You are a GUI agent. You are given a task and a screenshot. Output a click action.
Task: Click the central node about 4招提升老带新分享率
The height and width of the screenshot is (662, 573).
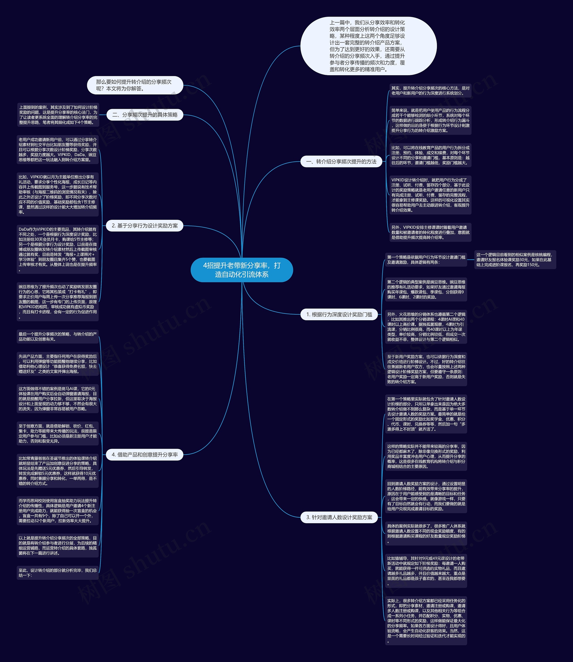tap(242, 270)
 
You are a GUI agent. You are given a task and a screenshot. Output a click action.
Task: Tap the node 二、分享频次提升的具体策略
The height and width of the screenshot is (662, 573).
tap(145, 115)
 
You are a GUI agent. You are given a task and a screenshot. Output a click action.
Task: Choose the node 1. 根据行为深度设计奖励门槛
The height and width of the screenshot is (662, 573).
tap(339, 314)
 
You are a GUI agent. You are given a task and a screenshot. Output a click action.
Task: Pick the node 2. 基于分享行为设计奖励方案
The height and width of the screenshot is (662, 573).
tap(145, 226)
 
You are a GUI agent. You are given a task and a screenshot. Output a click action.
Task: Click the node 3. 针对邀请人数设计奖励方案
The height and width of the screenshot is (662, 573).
tap(339, 517)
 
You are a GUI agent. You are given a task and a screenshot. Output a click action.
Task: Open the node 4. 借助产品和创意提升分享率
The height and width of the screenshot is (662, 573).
tap(145, 455)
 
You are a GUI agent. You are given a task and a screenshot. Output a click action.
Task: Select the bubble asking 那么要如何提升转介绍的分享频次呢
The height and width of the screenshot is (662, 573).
tap(135, 85)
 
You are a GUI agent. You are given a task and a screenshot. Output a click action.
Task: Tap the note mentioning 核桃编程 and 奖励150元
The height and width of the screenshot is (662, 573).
tap(515, 260)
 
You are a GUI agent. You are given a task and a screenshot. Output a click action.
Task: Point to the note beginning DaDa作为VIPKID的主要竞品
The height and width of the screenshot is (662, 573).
tap(58, 249)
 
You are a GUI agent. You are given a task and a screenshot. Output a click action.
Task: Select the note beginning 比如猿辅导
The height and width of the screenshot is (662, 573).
tap(426, 571)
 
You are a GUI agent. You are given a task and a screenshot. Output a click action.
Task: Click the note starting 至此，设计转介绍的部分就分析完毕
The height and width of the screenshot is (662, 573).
tap(58, 573)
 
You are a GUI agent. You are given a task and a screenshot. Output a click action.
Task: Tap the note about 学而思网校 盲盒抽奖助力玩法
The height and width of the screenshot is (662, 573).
tap(58, 511)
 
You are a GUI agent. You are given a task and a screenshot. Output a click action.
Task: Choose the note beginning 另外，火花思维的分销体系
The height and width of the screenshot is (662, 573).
tap(426, 327)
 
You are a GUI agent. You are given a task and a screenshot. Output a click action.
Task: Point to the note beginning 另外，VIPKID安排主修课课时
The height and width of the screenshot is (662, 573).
tap(430, 232)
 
